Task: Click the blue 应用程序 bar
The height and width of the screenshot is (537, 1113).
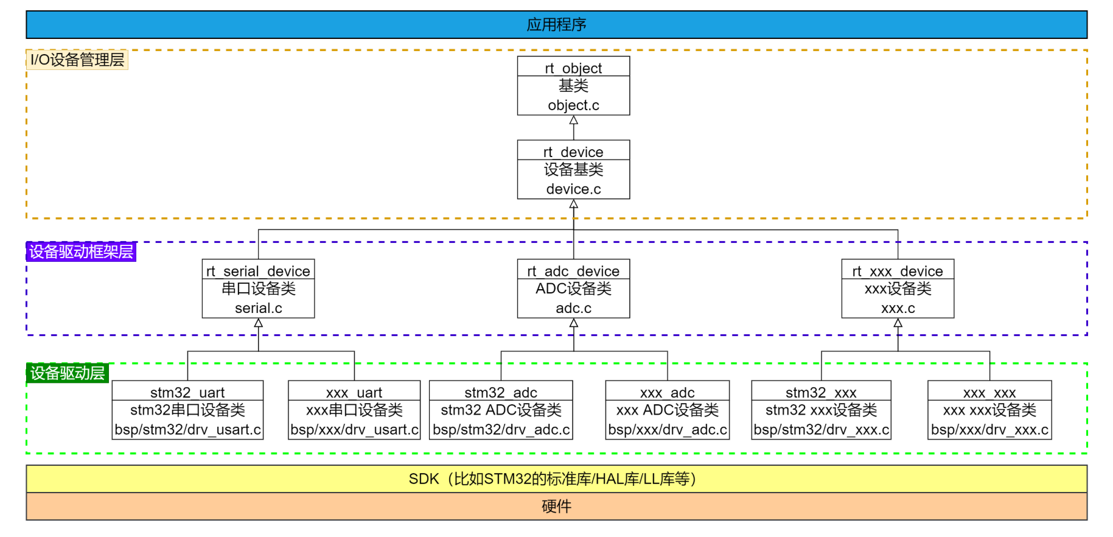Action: click(556, 24)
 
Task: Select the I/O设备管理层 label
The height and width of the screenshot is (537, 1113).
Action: click(77, 60)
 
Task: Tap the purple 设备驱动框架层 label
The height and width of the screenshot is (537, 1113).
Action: click(81, 251)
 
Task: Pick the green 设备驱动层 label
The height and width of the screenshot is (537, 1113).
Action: click(68, 373)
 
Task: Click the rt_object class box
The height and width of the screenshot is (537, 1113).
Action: click(573, 86)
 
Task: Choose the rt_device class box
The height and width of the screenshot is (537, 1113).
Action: click(573, 169)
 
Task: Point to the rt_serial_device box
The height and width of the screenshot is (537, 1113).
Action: click(258, 289)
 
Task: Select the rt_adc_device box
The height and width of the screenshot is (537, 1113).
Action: click(573, 289)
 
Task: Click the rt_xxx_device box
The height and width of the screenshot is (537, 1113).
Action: click(898, 289)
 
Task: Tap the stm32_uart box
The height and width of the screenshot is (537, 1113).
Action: click(187, 410)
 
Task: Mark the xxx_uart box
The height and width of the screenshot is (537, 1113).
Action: click(354, 410)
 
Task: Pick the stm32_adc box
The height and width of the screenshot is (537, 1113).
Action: click(501, 410)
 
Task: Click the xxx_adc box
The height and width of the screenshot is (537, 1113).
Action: click(668, 410)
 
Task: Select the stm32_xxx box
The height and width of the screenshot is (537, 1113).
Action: click(821, 410)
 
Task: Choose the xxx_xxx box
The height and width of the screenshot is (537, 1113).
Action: click(989, 410)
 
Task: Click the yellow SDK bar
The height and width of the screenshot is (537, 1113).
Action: click(556, 479)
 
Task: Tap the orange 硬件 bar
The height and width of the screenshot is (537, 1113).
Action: click(556, 507)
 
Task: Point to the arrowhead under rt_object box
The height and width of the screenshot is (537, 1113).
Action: click(573, 120)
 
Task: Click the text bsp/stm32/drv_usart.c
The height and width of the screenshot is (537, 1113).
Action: click(187, 430)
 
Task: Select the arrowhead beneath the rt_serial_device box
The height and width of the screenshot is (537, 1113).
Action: click(258, 323)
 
